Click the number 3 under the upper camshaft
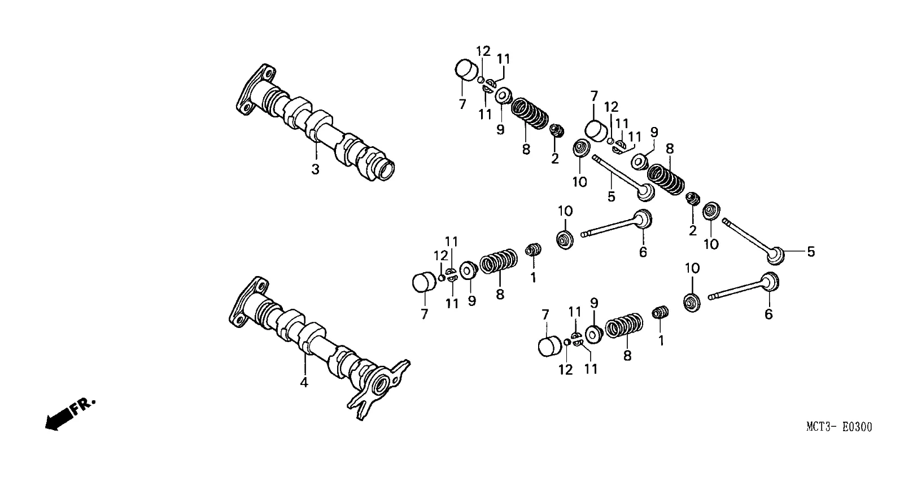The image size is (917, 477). (315, 169)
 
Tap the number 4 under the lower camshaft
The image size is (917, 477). (304, 383)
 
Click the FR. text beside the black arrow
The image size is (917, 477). (82, 406)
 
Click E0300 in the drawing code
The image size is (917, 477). (857, 427)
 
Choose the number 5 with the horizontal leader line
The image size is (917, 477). (811, 252)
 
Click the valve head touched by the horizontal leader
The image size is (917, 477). (776, 256)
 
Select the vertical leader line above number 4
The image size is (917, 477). (304, 362)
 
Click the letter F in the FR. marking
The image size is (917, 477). (77, 409)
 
